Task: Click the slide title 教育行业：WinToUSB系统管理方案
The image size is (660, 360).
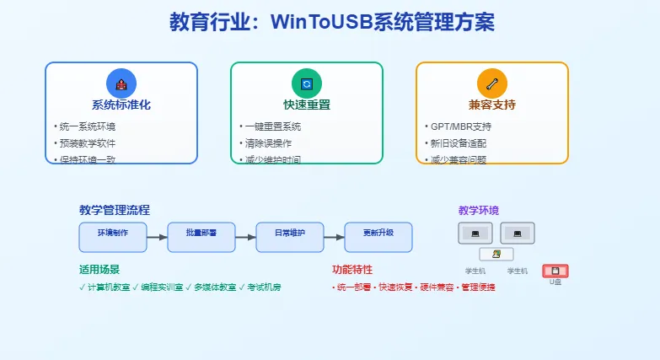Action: pyautogui.click(x=331, y=22)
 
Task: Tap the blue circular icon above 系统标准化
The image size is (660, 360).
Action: pyautogui.click(x=121, y=83)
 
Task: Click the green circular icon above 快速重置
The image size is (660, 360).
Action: pyautogui.click(x=306, y=83)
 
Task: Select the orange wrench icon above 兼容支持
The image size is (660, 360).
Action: pyautogui.click(x=491, y=83)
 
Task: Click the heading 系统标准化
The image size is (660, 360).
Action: pyautogui.click(x=121, y=105)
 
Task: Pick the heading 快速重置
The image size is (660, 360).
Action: pyautogui.click(x=306, y=105)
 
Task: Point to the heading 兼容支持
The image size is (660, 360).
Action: pyautogui.click(x=491, y=105)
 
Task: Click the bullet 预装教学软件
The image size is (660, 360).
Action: pyautogui.click(x=88, y=143)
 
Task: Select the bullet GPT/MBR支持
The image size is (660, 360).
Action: pyautogui.click(x=460, y=126)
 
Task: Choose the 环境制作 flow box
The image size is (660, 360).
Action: pyautogui.click(x=113, y=237)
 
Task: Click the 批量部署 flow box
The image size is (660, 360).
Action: pyautogui.click(x=201, y=237)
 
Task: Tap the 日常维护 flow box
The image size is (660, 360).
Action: pyautogui.click(x=290, y=237)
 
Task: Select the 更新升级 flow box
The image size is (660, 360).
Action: pyautogui.click(x=378, y=237)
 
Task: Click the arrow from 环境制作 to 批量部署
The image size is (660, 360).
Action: pyautogui.click(x=157, y=237)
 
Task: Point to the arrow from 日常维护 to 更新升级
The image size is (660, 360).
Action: pyautogui.click(x=334, y=237)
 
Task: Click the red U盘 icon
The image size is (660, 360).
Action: pyautogui.click(x=555, y=271)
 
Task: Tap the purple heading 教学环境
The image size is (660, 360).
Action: pyautogui.click(x=478, y=210)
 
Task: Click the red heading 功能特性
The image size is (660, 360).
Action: pyautogui.click(x=352, y=270)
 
